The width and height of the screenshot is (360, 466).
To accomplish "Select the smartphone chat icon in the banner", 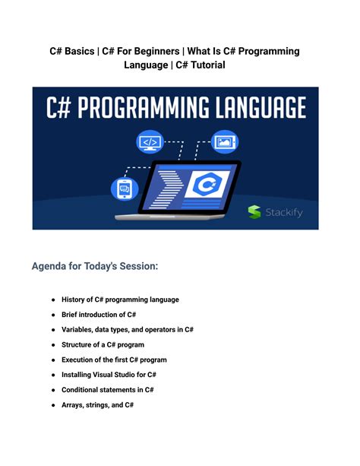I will point(122,187).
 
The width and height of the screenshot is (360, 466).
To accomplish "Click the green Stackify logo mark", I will point(255,213).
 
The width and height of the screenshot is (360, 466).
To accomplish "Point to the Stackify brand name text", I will point(284,213).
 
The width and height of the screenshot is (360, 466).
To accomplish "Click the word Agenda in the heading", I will point(53,267).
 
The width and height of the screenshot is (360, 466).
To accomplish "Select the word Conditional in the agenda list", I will point(85,390).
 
